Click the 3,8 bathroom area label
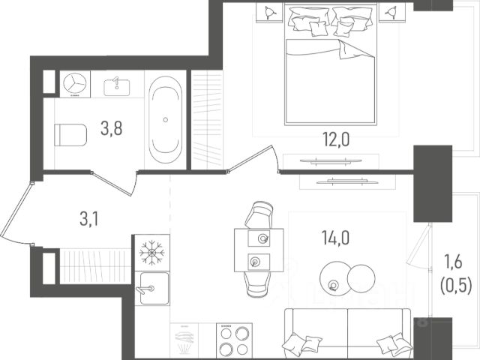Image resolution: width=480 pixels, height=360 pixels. point(112,128)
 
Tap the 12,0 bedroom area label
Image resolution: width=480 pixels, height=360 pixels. point(336,140)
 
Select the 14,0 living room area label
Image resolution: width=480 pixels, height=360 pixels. point(335,238)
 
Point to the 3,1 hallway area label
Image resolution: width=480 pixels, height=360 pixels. point(89,219)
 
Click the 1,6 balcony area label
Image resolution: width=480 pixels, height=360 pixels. point(454,263)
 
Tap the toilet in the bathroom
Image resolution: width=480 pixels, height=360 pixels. point(70,135)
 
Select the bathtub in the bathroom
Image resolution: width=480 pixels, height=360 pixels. point(165,120)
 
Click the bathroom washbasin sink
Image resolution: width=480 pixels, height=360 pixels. point(117,87)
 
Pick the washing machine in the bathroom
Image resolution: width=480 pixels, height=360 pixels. point(75,84)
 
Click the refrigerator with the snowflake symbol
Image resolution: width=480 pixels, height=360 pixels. point(152,253)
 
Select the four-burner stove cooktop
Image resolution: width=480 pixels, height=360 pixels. point(234,341)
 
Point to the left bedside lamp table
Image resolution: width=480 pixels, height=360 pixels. point(269,13)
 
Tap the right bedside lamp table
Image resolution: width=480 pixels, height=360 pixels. point(391,13)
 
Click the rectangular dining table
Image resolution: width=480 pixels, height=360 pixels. point(259,250)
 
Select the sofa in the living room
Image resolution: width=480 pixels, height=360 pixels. point(348,334)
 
